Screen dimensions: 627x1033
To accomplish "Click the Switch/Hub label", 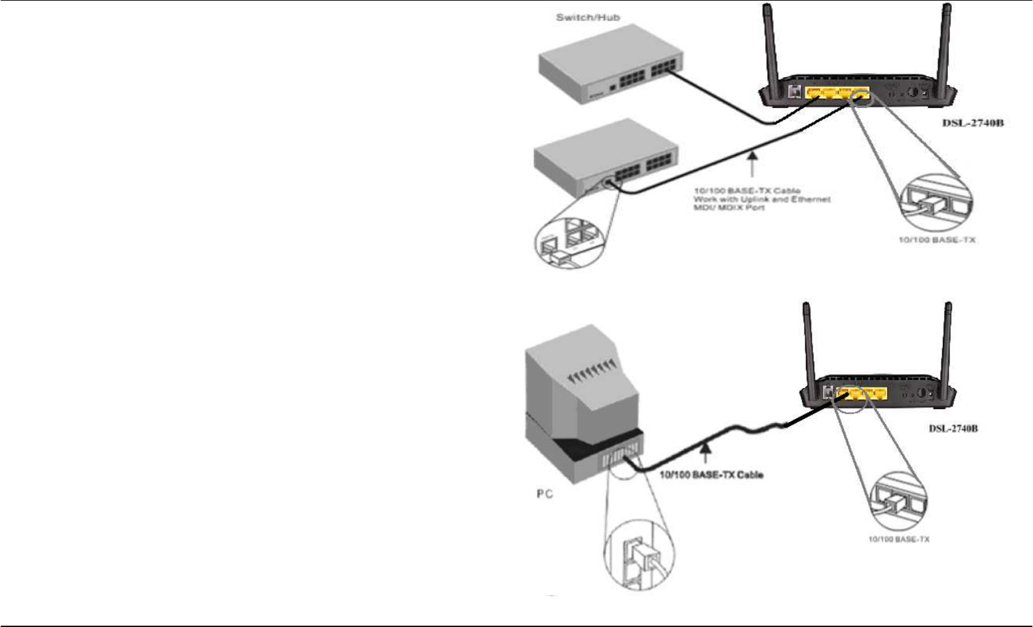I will tap(587, 18).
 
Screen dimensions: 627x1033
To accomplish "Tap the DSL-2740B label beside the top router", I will tap(972, 123).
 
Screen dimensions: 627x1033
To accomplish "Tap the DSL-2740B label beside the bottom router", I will tap(953, 429).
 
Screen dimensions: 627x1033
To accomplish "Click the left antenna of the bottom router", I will tap(808, 346).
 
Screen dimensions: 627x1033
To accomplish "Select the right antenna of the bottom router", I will tap(948, 346).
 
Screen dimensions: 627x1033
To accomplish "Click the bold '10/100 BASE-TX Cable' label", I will tap(712, 474).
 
